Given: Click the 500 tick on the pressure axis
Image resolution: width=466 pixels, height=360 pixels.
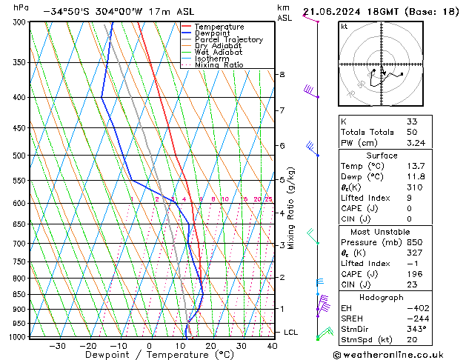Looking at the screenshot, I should pyautogui.click(x=18, y=156).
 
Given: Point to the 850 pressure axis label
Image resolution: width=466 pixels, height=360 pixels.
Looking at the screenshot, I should pyautogui.click(x=18, y=295).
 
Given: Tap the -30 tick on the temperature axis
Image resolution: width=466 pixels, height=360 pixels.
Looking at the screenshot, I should pyautogui.click(x=57, y=345).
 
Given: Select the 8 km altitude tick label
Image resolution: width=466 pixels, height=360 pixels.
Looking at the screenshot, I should pyautogui.click(x=282, y=75).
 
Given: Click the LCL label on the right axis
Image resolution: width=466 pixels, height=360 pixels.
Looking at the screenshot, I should pyautogui.click(x=290, y=333).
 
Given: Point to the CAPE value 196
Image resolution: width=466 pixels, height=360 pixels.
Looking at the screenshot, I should pyautogui.click(x=413, y=273).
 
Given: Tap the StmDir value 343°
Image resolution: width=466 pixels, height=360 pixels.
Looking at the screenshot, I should pyautogui.click(x=415, y=329).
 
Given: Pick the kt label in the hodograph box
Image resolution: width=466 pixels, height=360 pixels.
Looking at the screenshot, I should pyautogui.click(x=344, y=27).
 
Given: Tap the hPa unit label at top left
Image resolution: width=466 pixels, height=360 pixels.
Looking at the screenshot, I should pyautogui.click(x=21, y=7).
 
